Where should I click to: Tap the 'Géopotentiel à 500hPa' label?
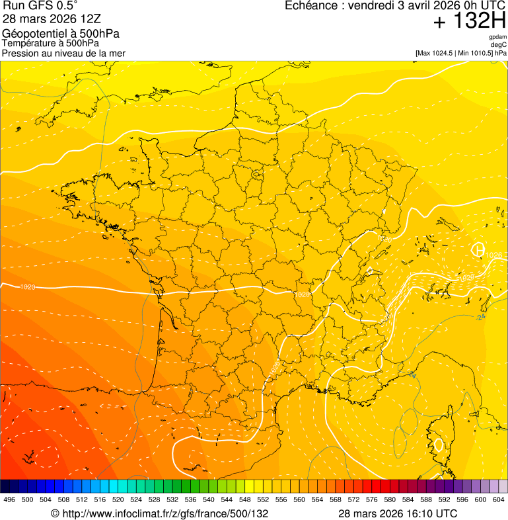coord(61,34)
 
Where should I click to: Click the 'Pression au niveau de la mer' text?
coord(63,53)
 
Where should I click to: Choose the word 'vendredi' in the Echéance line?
coord(371,6)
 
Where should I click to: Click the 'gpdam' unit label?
coord(497,37)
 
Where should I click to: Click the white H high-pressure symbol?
coord(478,250)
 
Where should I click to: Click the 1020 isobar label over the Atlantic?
coord(28,287)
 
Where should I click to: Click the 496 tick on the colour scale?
coord(9,500)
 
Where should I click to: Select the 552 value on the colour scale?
coord(263,500)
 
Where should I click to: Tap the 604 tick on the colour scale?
coord(499,500)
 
